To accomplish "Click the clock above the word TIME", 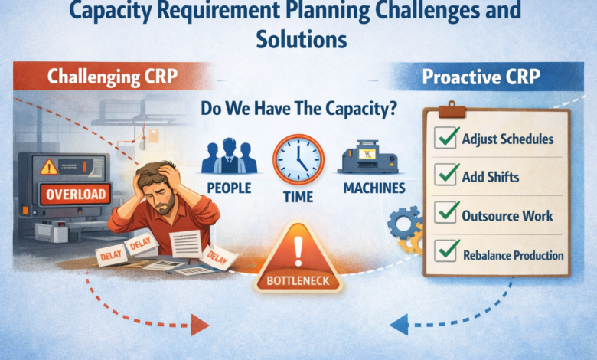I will tap(298, 158).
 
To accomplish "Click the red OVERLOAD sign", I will tap(73, 194).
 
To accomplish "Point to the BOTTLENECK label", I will tap(298, 280).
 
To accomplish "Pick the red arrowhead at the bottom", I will tap(200, 326).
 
